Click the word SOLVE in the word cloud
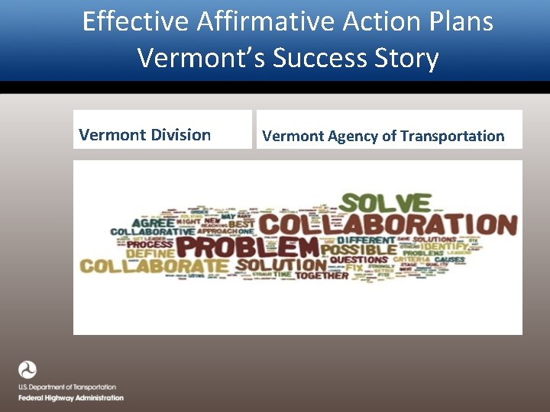(385, 203)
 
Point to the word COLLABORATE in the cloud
(154, 266)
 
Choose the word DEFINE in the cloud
(151, 253)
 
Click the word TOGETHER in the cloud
(322, 275)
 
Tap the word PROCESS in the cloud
(150, 243)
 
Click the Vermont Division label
(145, 135)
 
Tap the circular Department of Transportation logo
(27, 371)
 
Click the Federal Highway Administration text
(71, 398)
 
